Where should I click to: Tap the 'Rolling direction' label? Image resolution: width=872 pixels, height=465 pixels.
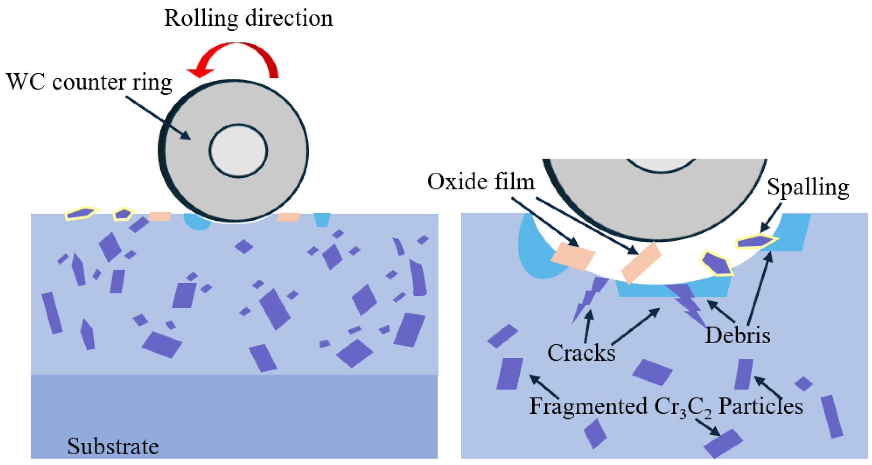pyautogui.click(x=248, y=19)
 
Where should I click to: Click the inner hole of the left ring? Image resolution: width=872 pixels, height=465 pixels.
pyautogui.click(x=238, y=151)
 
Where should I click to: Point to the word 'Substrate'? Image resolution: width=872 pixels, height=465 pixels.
pyautogui.click(x=113, y=446)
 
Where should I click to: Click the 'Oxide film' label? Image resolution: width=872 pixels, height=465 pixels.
pyautogui.click(x=481, y=182)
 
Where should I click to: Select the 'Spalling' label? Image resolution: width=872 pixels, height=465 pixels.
pyautogui.click(x=808, y=187)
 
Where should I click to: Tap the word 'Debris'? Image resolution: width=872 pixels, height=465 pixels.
pyautogui.click(x=738, y=336)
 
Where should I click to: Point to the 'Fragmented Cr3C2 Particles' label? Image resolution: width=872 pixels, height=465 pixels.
pyautogui.click(x=666, y=406)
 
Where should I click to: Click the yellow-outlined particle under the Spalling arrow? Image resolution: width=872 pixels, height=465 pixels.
pyautogui.click(x=755, y=242)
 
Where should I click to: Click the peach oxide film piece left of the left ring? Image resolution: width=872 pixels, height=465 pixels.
pyautogui.click(x=160, y=216)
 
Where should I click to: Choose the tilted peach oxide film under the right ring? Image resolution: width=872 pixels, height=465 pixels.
pyautogui.click(x=641, y=263)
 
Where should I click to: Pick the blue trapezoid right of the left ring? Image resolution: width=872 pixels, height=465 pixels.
pyautogui.click(x=322, y=219)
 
